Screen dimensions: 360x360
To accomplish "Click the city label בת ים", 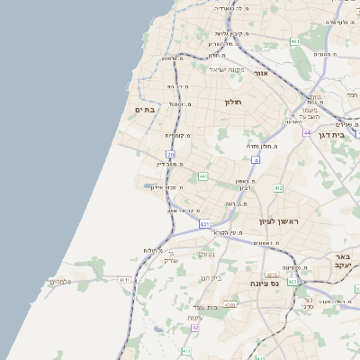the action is (145, 109).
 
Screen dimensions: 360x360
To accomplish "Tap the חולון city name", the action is (234, 103).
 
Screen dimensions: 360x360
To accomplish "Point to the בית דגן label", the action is (345, 132).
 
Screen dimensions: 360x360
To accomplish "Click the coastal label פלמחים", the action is (59, 283).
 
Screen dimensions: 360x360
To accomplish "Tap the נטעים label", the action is (206, 254).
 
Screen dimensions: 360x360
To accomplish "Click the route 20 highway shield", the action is (170, 155).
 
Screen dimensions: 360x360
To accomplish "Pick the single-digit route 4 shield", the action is (255, 159).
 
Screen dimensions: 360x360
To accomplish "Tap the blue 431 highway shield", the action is (204, 223).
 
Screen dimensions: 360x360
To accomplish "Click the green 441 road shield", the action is (203, 175).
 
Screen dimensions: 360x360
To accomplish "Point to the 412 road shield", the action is (278, 188).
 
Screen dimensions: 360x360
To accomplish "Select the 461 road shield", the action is (295, 41).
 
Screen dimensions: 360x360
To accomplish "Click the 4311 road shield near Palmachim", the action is (123, 280).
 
